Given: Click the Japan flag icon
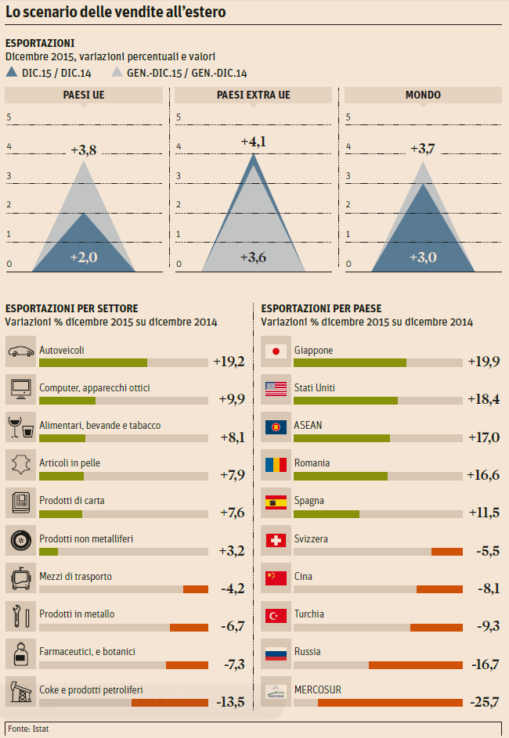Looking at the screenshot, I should [x=276, y=351].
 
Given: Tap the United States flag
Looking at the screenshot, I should [x=276, y=389].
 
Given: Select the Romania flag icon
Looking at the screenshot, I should [x=276, y=464].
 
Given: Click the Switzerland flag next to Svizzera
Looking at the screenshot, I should [x=276, y=540].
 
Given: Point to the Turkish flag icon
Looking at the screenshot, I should [x=276, y=615].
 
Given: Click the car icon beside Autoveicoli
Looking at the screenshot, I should [x=20, y=351].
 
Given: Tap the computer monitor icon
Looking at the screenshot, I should [x=20, y=389].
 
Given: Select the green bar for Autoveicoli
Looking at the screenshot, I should [x=93, y=362].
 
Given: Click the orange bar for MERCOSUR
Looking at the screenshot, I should [x=390, y=702].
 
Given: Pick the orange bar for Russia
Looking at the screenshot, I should [x=416, y=664].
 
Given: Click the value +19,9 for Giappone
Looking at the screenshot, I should [x=483, y=362].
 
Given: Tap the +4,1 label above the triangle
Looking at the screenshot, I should [x=253, y=142].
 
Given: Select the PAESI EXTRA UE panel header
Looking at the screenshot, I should [x=253, y=95].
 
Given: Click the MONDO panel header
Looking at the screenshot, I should [x=423, y=95].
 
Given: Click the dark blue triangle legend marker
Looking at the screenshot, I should [x=12, y=73].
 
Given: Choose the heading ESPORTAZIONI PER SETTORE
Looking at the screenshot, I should [x=71, y=308].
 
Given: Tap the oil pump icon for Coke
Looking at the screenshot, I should [x=20, y=691].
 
